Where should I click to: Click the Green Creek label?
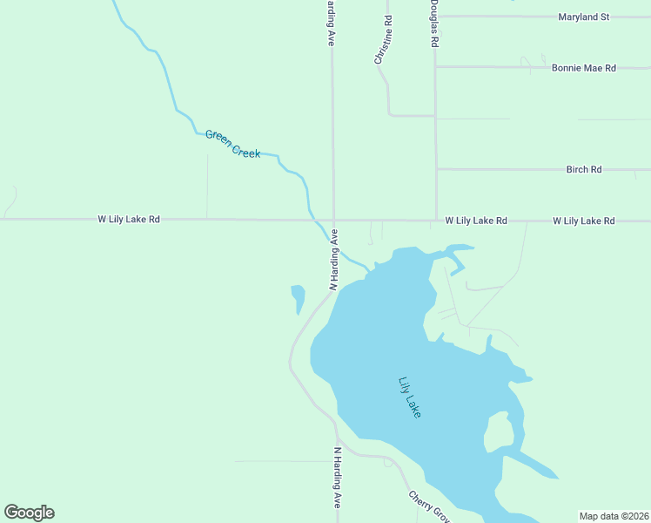[x=232, y=144]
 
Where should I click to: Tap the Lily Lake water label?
[x=409, y=397]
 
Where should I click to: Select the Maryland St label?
[x=583, y=17]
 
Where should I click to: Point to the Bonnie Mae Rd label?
[x=583, y=67]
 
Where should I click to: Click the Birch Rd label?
[x=583, y=169]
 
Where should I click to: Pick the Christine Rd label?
[x=383, y=39]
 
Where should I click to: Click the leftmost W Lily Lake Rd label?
[x=129, y=220]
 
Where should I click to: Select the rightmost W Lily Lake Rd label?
[x=583, y=221]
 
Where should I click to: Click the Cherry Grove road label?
[x=429, y=506]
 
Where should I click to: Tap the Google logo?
[x=29, y=513]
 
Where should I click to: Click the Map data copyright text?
[x=613, y=516]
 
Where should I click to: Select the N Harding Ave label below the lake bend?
[x=338, y=478]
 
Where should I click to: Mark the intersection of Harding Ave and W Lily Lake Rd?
[x=333, y=220]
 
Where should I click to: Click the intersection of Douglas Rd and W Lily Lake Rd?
[x=435, y=220]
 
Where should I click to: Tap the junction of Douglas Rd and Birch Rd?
[x=435, y=169]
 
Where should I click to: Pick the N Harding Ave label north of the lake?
[x=333, y=259]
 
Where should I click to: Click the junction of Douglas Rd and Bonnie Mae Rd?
[x=435, y=67]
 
